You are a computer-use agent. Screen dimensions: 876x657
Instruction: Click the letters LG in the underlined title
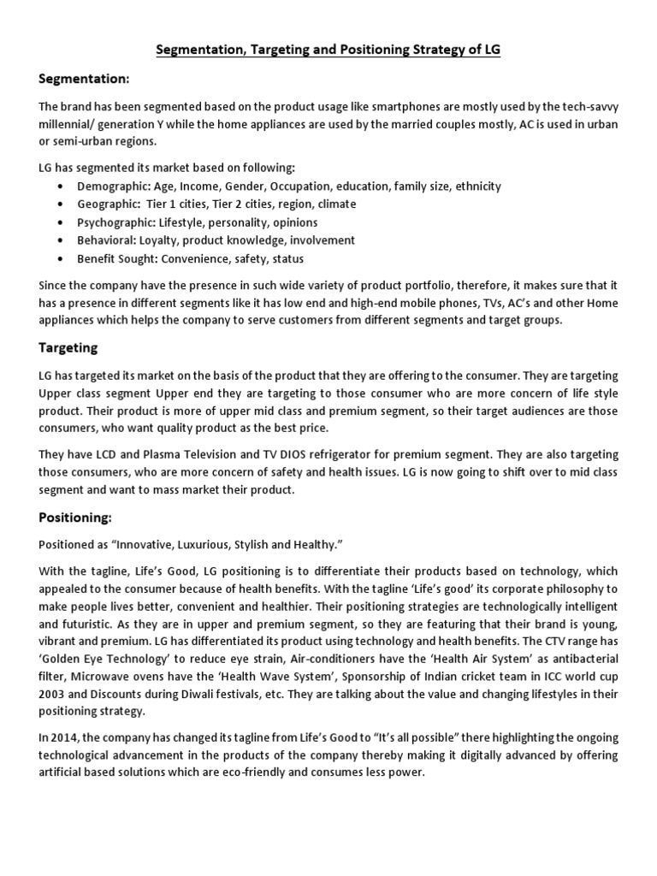(491, 50)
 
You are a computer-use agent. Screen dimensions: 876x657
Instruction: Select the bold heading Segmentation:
(84, 80)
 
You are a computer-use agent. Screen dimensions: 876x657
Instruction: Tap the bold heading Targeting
(68, 347)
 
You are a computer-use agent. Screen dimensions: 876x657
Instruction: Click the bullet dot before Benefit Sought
(59, 258)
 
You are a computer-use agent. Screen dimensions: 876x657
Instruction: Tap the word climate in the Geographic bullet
(337, 204)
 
